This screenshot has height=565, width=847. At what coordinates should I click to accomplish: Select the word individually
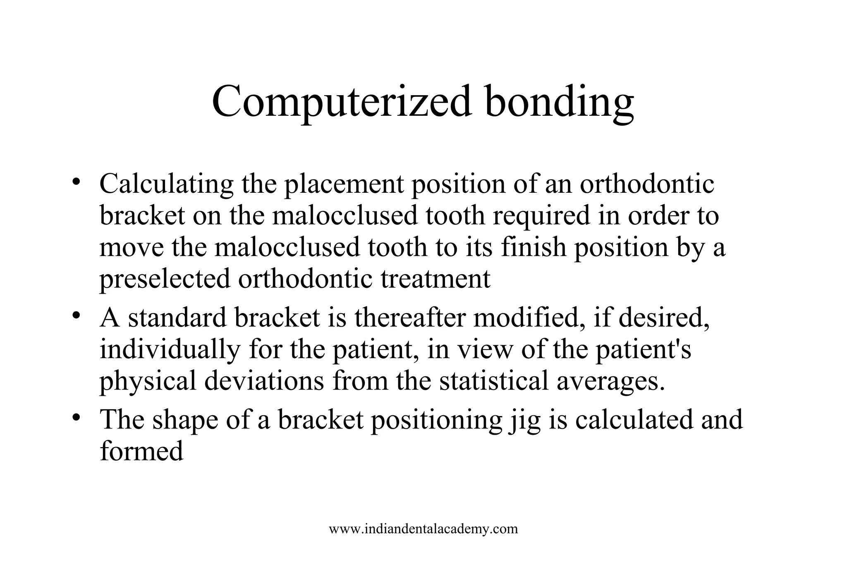[x=170, y=350]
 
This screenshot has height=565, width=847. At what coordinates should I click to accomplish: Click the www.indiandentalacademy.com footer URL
[x=423, y=529]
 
